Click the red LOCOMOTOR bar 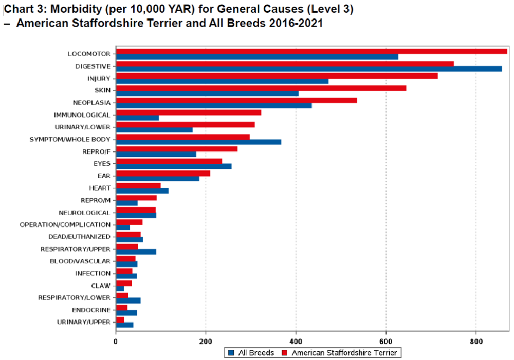[311, 51]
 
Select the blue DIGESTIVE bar [308, 69]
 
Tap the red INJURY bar [277, 76]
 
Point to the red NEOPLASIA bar [236, 100]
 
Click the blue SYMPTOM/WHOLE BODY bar [198, 142]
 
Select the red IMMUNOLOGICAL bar [188, 112]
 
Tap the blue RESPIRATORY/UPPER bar [136, 252]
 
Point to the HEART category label [100, 188]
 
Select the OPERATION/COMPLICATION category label [65, 225]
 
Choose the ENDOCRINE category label [91, 310]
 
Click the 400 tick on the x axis [296, 340]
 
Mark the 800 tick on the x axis [476, 340]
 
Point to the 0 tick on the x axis [116, 340]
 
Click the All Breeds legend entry [251, 353]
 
